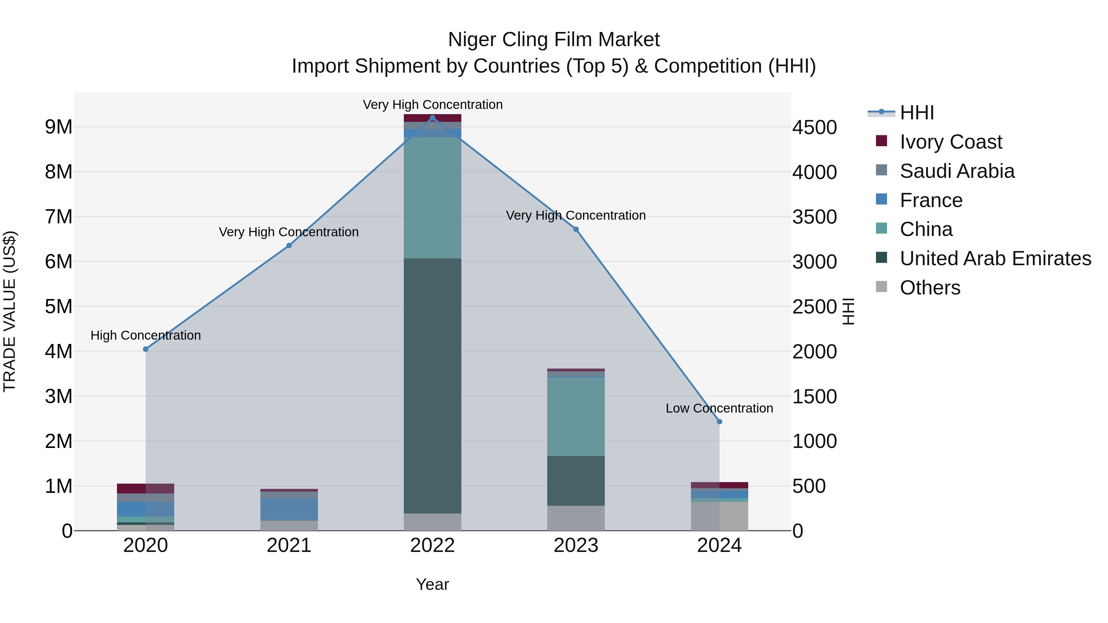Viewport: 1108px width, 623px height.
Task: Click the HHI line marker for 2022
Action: click(x=432, y=118)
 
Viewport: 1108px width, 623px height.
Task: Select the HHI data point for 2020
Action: click(x=145, y=349)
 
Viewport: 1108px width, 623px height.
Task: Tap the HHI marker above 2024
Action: click(x=719, y=422)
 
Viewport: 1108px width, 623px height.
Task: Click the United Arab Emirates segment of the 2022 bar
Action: click(x=432, y=386)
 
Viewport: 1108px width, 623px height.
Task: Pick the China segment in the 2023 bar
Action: click(x=576, y=416)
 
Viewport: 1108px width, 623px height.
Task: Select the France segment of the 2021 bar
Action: click(x=289, y=509)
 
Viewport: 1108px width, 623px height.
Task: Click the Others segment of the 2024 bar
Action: click(x=719, y=516)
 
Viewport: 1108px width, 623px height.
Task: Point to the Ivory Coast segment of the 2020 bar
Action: click(x=145, y=489)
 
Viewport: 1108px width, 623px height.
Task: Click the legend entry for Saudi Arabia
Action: click(x=957, y=171)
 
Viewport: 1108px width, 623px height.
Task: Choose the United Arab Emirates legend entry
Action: click(x=995, y=258)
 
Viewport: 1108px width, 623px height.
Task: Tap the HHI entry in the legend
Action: click(x=916, y=113)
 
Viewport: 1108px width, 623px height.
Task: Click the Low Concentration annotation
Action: click(x=719, y=408)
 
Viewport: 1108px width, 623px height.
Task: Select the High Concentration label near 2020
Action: click(x=145, y=335)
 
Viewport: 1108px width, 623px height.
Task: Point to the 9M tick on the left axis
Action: click(x=58, y=127)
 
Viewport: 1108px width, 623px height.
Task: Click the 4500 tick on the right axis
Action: click(x=814, y=127)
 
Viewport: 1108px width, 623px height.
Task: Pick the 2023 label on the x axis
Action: click(x=576, y=545)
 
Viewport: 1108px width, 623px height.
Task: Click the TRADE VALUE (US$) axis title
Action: click(x=10, y=311)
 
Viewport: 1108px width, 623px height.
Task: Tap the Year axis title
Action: click(x=432, y=584)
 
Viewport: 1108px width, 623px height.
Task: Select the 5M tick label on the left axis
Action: click(x=58, y=306)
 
